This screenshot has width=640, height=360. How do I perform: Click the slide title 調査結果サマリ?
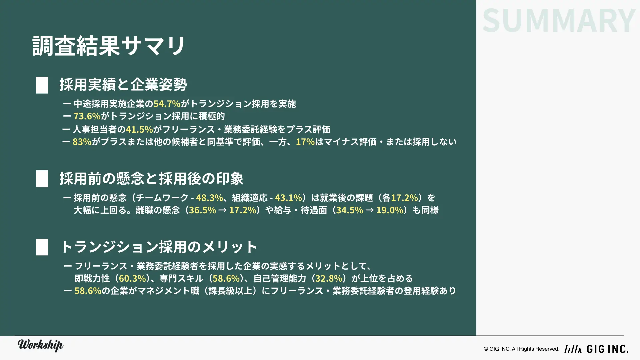click(109, 46)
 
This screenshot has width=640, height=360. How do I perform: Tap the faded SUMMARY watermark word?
click(559, 21)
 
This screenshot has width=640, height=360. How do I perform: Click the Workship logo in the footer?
click(40, 345)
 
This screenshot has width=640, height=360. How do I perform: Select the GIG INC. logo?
click(596, 349)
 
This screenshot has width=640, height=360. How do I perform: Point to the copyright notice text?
click(521, 349)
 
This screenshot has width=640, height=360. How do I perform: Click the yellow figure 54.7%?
click(167, 104)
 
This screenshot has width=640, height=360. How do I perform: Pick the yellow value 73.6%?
click(87, 116)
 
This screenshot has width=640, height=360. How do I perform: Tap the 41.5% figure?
click(139, 129)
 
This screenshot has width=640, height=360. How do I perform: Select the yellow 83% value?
click(82, 142)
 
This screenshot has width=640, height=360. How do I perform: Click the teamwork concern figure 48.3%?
click(209, 198)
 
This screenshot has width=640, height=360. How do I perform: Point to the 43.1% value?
click(288, 198)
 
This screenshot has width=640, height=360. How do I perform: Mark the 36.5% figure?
click(202, 210)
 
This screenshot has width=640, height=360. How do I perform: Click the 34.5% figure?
click(350, 210)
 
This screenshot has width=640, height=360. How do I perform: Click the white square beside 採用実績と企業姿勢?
click(42, 85)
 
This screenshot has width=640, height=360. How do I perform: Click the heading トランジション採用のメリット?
click(159, 247)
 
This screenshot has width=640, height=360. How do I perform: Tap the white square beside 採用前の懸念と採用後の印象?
click(42, 179)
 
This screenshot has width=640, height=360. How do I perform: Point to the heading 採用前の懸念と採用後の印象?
click(152, 178)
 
